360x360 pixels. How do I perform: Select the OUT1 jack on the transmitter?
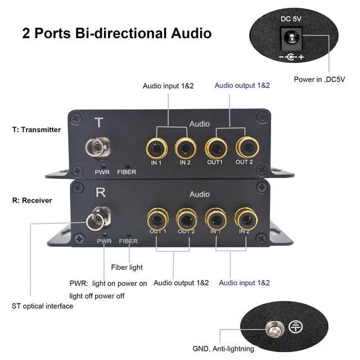pos(215,148)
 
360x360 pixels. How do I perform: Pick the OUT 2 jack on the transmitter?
pos(245,148)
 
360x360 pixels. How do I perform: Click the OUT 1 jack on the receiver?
pos(157,218)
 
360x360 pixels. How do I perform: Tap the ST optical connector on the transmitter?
pos(95,149)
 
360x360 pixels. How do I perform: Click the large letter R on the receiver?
pos(101,193)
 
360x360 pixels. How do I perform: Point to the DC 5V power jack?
pos(291,39)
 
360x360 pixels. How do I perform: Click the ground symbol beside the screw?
pos(295,326)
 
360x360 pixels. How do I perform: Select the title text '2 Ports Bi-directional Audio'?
pos(117,33)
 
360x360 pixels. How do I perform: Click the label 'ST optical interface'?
pos(42,306)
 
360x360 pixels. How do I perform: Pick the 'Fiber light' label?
pos(127,267)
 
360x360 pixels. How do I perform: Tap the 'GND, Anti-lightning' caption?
pos(223,349)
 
